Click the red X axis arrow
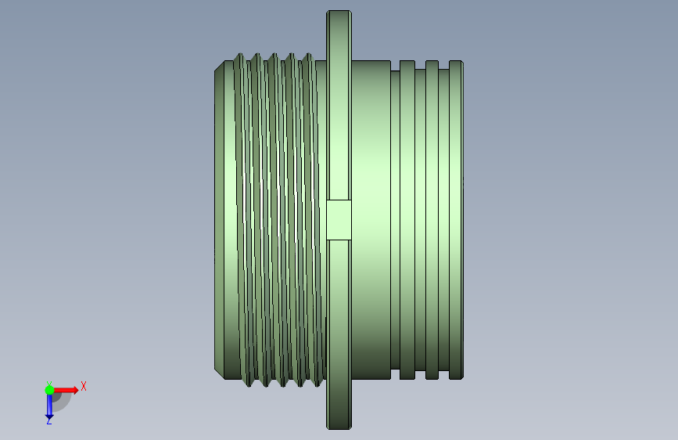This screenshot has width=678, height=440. (x=65, y=390)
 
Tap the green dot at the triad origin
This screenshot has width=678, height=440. (x=49, y=390)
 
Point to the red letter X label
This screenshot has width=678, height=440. (x=84, y=386)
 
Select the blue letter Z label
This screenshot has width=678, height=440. (x=48, y=420)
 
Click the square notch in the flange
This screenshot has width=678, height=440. (x=339, y=220)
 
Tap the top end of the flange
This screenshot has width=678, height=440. (x=339, y=12)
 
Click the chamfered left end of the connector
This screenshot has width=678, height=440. (x=219, y=220)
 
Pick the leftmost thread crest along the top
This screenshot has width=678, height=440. (x=240, y=56)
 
